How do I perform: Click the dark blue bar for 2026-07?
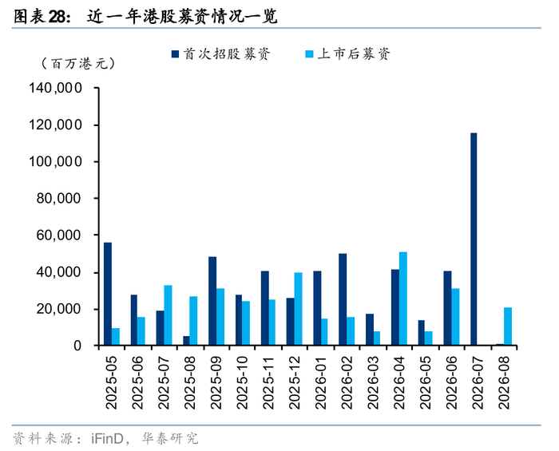click(474, 239)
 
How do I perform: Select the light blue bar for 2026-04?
click(402, 299)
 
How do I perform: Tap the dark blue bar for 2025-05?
click(107, 294)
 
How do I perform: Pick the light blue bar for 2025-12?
click(298, 309)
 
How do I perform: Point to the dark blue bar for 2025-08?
click(186, 341)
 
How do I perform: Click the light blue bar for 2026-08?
click(508, 326)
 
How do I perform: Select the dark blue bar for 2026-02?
click(343, 299)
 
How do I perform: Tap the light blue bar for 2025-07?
click(168, 315)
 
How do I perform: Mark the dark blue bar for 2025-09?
click(212, 301)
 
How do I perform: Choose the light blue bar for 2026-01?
click(324, 332)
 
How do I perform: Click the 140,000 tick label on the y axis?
click(55, 88)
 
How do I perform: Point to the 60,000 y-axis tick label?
click(59, 235)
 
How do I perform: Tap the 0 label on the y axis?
click(77, 346)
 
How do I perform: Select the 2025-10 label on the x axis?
click(242, 382)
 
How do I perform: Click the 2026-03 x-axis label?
click(373, 382)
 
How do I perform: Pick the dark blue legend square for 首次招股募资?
click(175, 53)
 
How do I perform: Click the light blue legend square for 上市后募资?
click(310, 53)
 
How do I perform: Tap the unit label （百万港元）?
click(78, 64)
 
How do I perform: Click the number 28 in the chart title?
click(57, 17)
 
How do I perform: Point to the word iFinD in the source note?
click(106, 438)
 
